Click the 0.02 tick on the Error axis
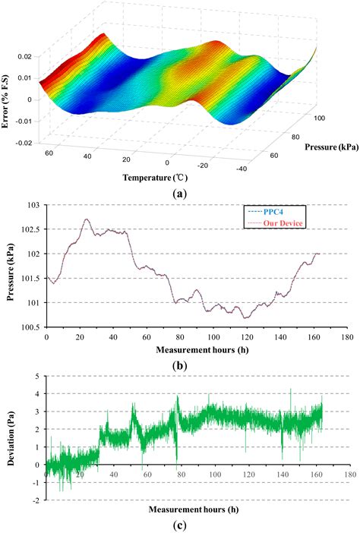click(x=26, y=57)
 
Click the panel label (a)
click(x=179, y=194)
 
